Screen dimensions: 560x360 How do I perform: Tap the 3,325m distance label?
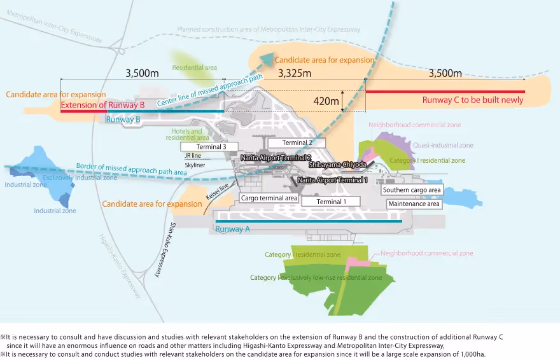[x=294, y=74]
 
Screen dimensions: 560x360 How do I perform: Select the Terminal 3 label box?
[x=203, y=147]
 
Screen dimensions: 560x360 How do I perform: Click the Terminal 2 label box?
[x=297, y=143]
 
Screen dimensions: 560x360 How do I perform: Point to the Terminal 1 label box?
[x=330, y=202]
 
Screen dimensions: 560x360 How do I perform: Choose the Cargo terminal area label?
[x=269, y=198]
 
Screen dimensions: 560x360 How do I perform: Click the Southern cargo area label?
[x=411, y=190]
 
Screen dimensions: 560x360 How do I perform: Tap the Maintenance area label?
[x=414, y=204]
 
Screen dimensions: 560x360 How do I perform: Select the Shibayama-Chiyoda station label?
[x=338, y=164]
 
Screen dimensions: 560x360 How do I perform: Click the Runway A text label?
[x=230, y=230]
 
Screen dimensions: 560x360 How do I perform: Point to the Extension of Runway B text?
[x=103, y=104]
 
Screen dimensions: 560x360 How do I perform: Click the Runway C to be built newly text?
[x=473, y=100]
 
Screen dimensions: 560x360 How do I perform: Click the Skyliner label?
[x=195, y=164]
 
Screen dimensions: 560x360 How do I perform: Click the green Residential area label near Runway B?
[x=195, y=67]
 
